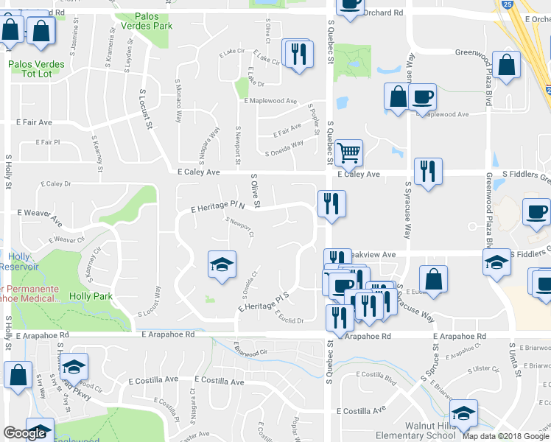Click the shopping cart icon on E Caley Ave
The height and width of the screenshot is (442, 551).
tap(348, 153)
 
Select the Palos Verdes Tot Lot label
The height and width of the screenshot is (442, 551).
tap(35, 69)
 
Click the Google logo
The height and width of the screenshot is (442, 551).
tap(24, 432)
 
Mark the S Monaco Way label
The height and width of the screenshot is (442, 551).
tap(178, 100)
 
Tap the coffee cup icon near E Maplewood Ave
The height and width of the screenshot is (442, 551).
tap(422, 97)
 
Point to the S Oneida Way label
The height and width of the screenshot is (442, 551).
tap(284, 148)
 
